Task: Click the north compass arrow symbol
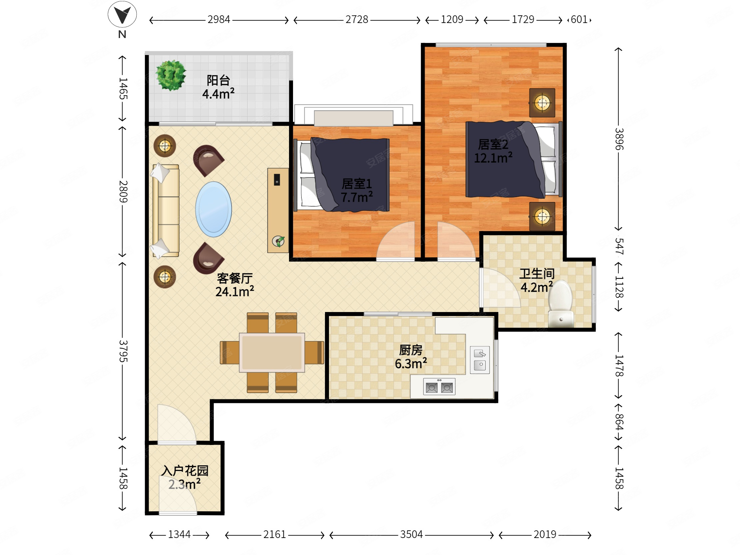click(122, 15)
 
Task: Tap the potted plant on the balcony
click(171, 75)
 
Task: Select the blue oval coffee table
click(213, 209)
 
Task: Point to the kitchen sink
click(480, 360)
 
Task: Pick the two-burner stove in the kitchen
click(439, 387)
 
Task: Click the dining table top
click(272, 352)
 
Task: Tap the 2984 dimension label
click(219, 20)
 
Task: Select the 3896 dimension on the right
click(619, 139)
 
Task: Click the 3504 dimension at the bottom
click(411, 535)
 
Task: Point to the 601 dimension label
click(579, 20)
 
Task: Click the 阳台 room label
click(218, 80)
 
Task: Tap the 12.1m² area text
click(493, 158)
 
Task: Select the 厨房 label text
click(411, 350)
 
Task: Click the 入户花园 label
click(185, 471)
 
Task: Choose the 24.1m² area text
click(235, 291)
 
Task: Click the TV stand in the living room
click(278, 210)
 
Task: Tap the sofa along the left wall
click(166, 210)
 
